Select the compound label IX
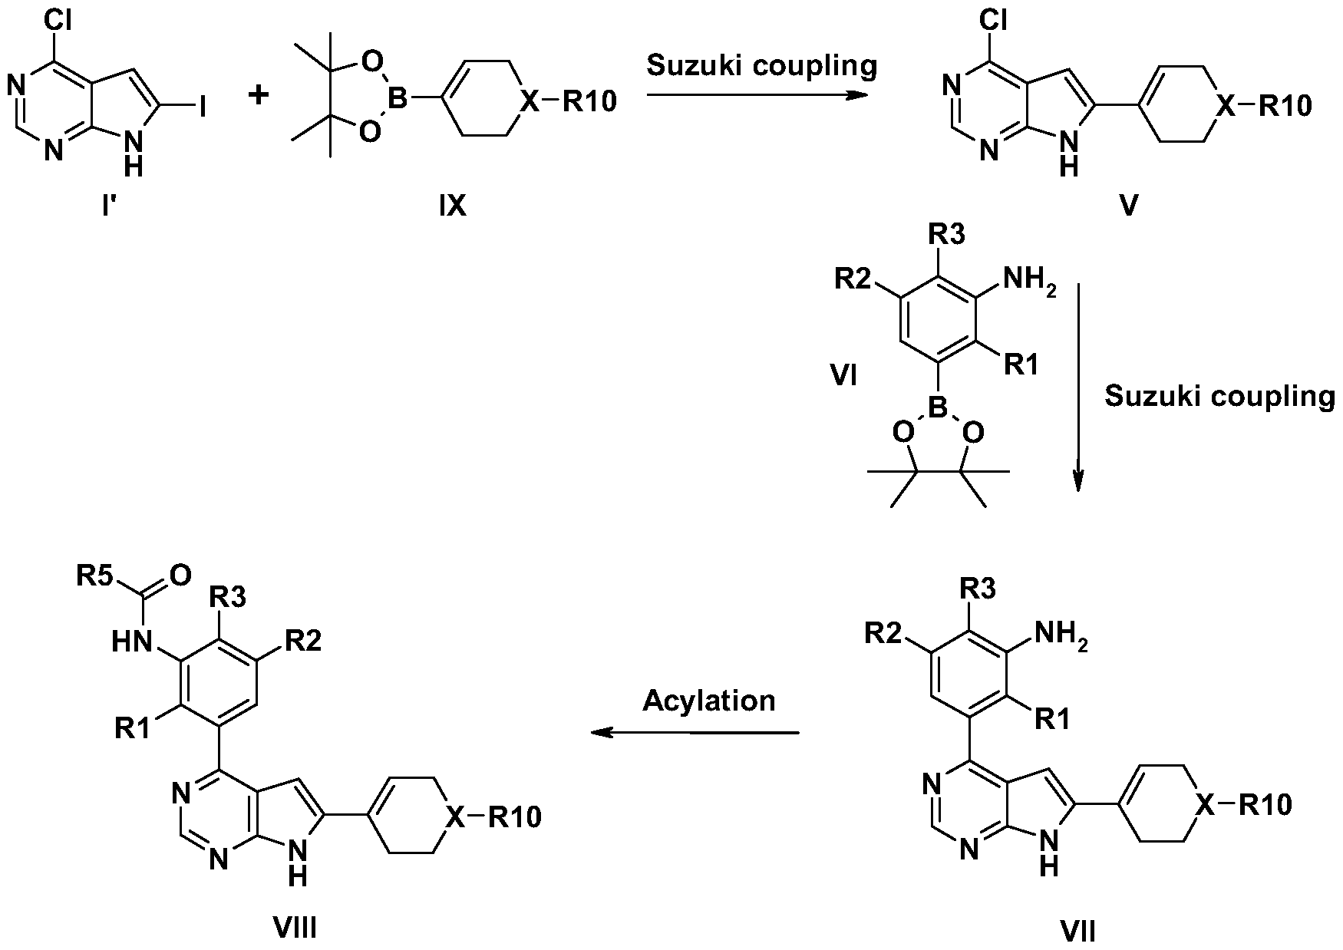pyautogui.click(x=453, y=206)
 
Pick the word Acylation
pyautogui.click(x=709, y=700)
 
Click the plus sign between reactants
pyautogui.click(x=260, y=95)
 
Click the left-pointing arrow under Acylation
pyautogui.click(x=695, y=732)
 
